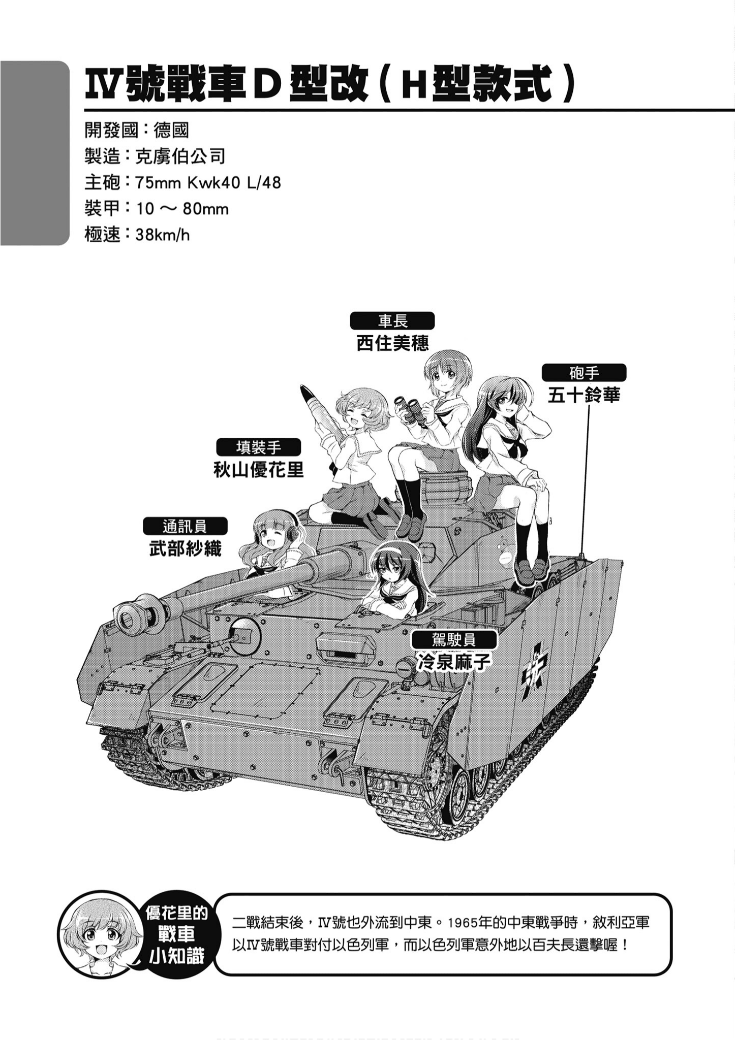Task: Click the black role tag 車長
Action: [x=392, y=321]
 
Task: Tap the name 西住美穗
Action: [x=392, y=343]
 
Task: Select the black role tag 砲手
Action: [x=584, y=373]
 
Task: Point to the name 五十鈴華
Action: [x=584, y=395]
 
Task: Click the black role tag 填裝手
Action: [x=259, y=447]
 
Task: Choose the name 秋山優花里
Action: [x=259, y=470]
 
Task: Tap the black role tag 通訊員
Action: [x=185, y=526]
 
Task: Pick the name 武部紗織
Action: [x=185, y=548]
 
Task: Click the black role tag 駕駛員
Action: [x=454, y=639]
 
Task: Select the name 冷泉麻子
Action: [x=454, y=661]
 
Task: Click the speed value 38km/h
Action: [x=163, y=235]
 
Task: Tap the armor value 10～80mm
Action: [x=182, y=209]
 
